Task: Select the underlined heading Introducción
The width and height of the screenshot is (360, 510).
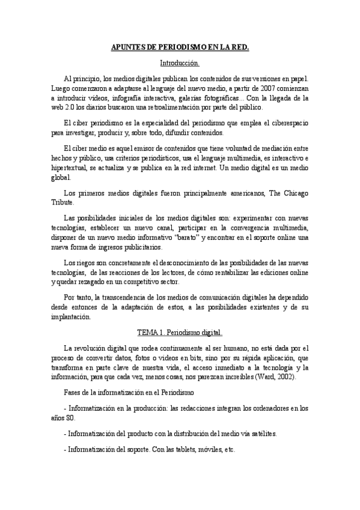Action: click(180, 63)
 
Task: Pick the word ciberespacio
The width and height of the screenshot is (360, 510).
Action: click(284, 123)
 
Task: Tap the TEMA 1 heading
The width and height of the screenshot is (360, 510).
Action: click(180, 332)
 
